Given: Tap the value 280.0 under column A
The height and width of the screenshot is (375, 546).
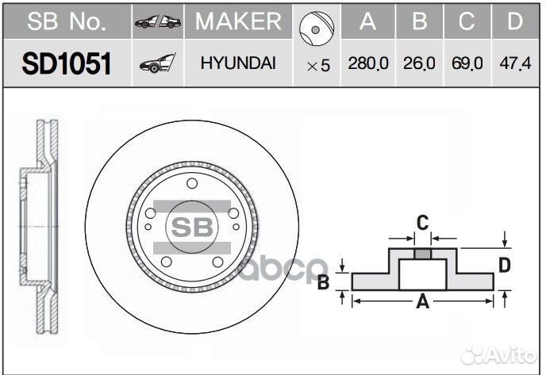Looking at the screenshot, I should (367, 64).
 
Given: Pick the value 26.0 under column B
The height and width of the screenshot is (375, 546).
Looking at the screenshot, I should (418, 64).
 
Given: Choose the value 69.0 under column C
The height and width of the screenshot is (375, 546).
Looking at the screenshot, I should (467, 64).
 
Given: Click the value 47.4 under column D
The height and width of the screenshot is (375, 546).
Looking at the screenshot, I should (516, 64).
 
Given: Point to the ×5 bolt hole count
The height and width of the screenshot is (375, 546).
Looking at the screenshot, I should (317, 65).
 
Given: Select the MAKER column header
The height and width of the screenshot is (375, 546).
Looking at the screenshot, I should (237, 21).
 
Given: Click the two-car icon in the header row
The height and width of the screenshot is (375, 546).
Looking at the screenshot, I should (157, 21).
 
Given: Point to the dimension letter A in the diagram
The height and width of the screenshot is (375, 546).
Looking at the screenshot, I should (422, 301).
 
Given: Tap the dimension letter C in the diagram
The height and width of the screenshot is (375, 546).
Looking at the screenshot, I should (423, 223).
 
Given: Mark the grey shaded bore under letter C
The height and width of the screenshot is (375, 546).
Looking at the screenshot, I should (423, 254).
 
